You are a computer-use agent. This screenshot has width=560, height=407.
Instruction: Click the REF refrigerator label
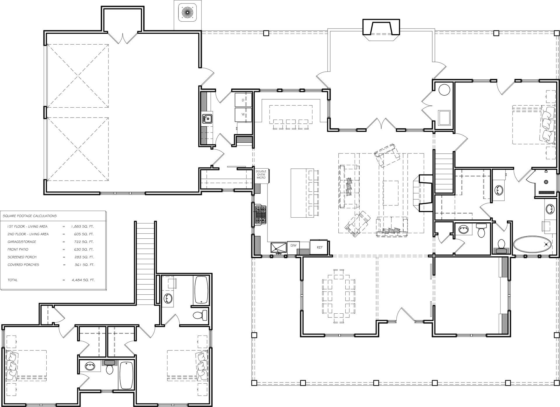(x=320, y=247)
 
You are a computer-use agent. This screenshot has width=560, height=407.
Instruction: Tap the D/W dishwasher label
(x=293, y=245)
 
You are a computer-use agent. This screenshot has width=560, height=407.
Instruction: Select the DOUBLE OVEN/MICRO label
(x=261, y=174)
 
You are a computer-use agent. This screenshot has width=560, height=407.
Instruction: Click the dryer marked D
(x=243, y=100)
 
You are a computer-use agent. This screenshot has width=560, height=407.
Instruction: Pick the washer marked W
(x=243, y=115)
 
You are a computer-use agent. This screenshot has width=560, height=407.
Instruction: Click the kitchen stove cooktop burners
(x=261, y=215)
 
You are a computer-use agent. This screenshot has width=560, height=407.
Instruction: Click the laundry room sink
(x=208, y=119)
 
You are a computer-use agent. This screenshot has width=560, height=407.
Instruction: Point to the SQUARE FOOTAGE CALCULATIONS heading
(x=29, y=216)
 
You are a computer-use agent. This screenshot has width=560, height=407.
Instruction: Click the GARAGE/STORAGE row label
(x=22, y=242)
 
